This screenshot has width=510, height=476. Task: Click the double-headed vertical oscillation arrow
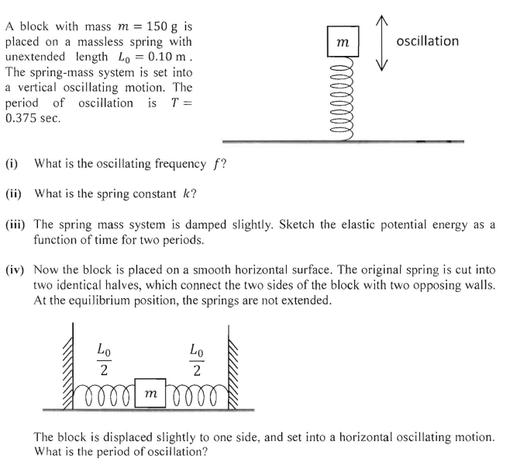tap(377, 40)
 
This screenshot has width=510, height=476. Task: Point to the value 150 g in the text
tap(165, 26)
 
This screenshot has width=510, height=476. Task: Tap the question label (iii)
tap(16, 223)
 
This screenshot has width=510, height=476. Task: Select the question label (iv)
tap(16, 269)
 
